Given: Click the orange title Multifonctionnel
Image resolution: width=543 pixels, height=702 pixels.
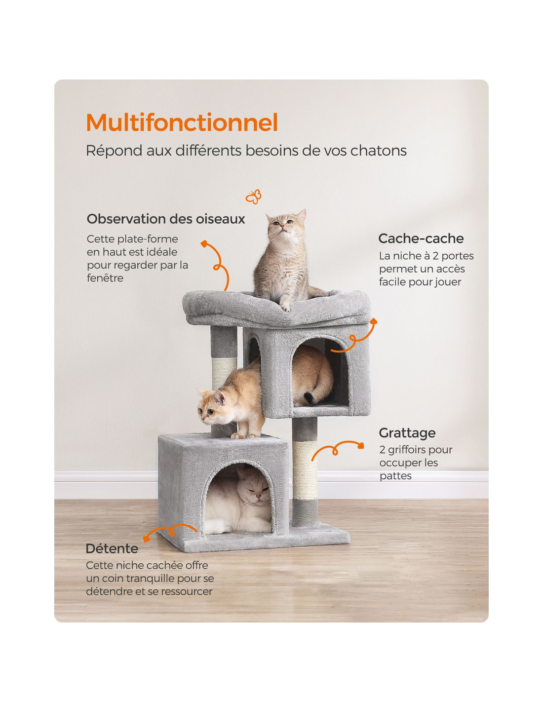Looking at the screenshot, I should (182, 122).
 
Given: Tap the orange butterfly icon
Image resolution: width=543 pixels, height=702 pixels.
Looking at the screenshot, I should (254, 196).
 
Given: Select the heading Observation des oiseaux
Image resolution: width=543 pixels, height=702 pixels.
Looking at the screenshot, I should (166, 219).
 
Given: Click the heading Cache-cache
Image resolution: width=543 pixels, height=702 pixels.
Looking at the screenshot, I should (421, 238).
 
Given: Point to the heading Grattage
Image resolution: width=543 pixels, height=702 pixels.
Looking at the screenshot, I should (407, 433).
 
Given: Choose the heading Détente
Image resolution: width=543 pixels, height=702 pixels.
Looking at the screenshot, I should (112, 548).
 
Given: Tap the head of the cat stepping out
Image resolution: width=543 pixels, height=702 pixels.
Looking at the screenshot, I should (212, 407).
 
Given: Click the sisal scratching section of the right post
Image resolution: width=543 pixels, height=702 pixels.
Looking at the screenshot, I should (304, 469).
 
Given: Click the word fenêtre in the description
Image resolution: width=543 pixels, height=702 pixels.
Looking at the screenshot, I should (105, 278).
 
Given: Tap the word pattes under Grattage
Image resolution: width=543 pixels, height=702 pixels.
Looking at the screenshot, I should (395, 476).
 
